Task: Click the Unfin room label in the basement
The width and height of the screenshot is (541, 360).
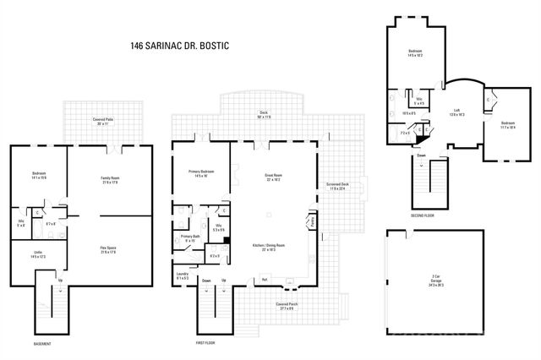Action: point(38,254)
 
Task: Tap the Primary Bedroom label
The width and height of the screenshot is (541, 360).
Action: point(200,173)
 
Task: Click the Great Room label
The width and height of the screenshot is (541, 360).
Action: point(273,177)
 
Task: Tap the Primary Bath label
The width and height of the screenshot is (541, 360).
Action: point(190,237)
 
